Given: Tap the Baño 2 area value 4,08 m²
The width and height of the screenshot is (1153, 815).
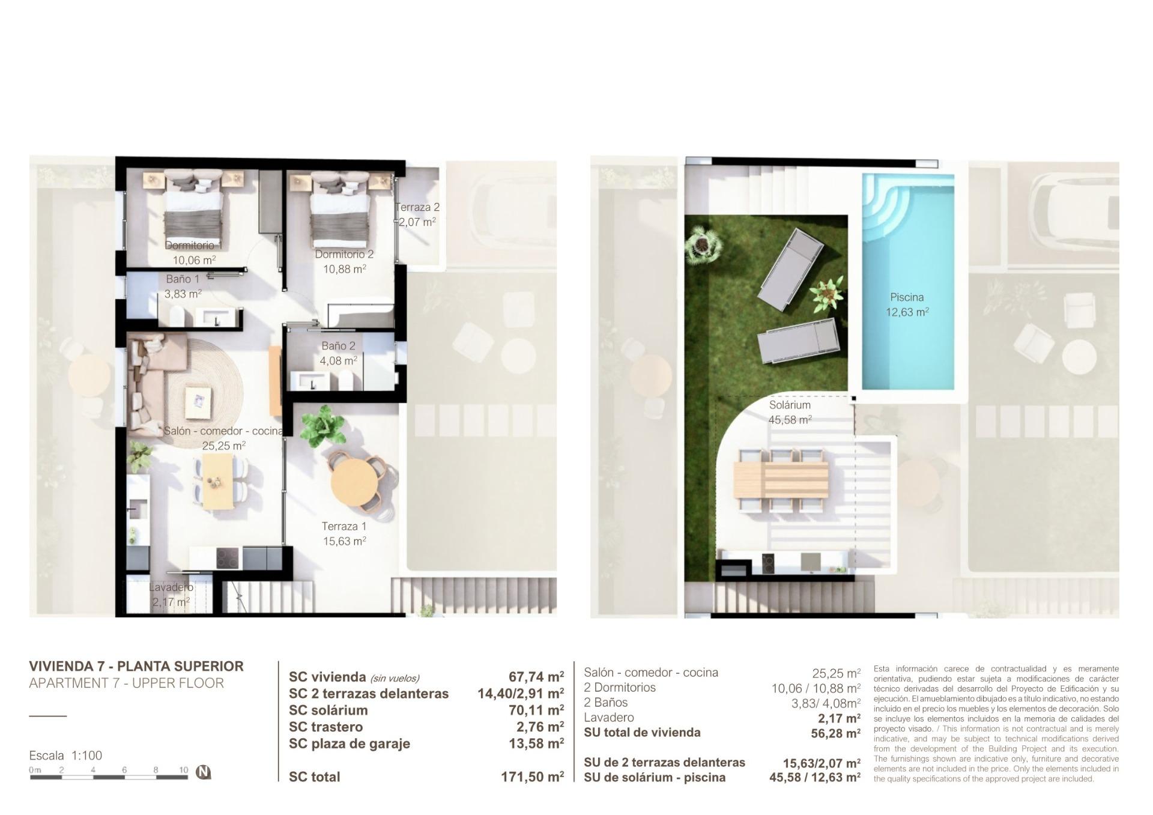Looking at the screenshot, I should tap(338, 361).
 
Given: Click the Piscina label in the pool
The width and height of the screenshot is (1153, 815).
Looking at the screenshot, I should tap(907, 297).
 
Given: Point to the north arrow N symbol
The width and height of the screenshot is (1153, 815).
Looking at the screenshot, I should tap(204, 772).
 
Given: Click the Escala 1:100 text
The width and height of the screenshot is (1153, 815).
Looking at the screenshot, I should tap(65, 756).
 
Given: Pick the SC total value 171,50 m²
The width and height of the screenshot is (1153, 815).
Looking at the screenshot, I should tap(532, 777).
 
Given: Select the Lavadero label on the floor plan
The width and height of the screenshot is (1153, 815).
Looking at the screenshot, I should tap(171, 587).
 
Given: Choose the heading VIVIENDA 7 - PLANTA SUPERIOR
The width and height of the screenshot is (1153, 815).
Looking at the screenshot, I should tap(136, 666).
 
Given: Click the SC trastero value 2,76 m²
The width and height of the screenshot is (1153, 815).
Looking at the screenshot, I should tap(540, 727).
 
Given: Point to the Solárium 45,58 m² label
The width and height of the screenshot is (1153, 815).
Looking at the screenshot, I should tap(790, 412).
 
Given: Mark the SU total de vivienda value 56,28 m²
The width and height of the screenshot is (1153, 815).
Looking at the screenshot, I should tap(835, 733).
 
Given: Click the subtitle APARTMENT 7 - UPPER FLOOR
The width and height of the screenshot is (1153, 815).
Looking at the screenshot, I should tap(126, 683).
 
